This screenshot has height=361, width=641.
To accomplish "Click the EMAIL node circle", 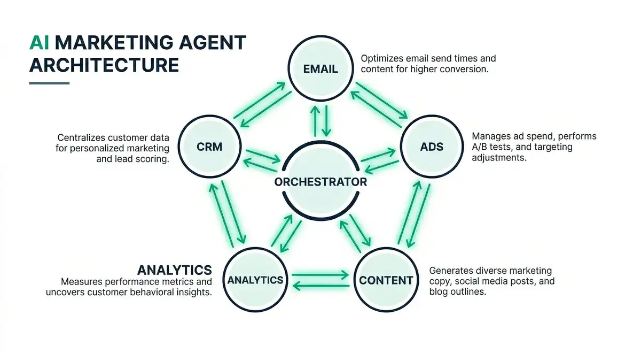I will tap(320, 68).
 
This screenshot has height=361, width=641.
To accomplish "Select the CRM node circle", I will tap(209, 146).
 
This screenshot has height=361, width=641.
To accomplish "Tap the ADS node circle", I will tap(432, 146).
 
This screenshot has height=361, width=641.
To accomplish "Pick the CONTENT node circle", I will tap(386, 280).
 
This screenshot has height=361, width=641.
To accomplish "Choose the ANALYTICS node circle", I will tap(255, 280).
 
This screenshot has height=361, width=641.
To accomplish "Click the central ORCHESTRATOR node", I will tap(320, 182).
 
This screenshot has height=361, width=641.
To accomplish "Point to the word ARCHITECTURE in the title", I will tap(104, 65).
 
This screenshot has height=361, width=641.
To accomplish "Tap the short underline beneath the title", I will tap(49, 83).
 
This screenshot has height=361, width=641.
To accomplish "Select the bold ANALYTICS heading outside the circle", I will tap(175, 269).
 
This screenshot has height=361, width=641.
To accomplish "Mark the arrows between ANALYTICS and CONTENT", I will tap(320, 280).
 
